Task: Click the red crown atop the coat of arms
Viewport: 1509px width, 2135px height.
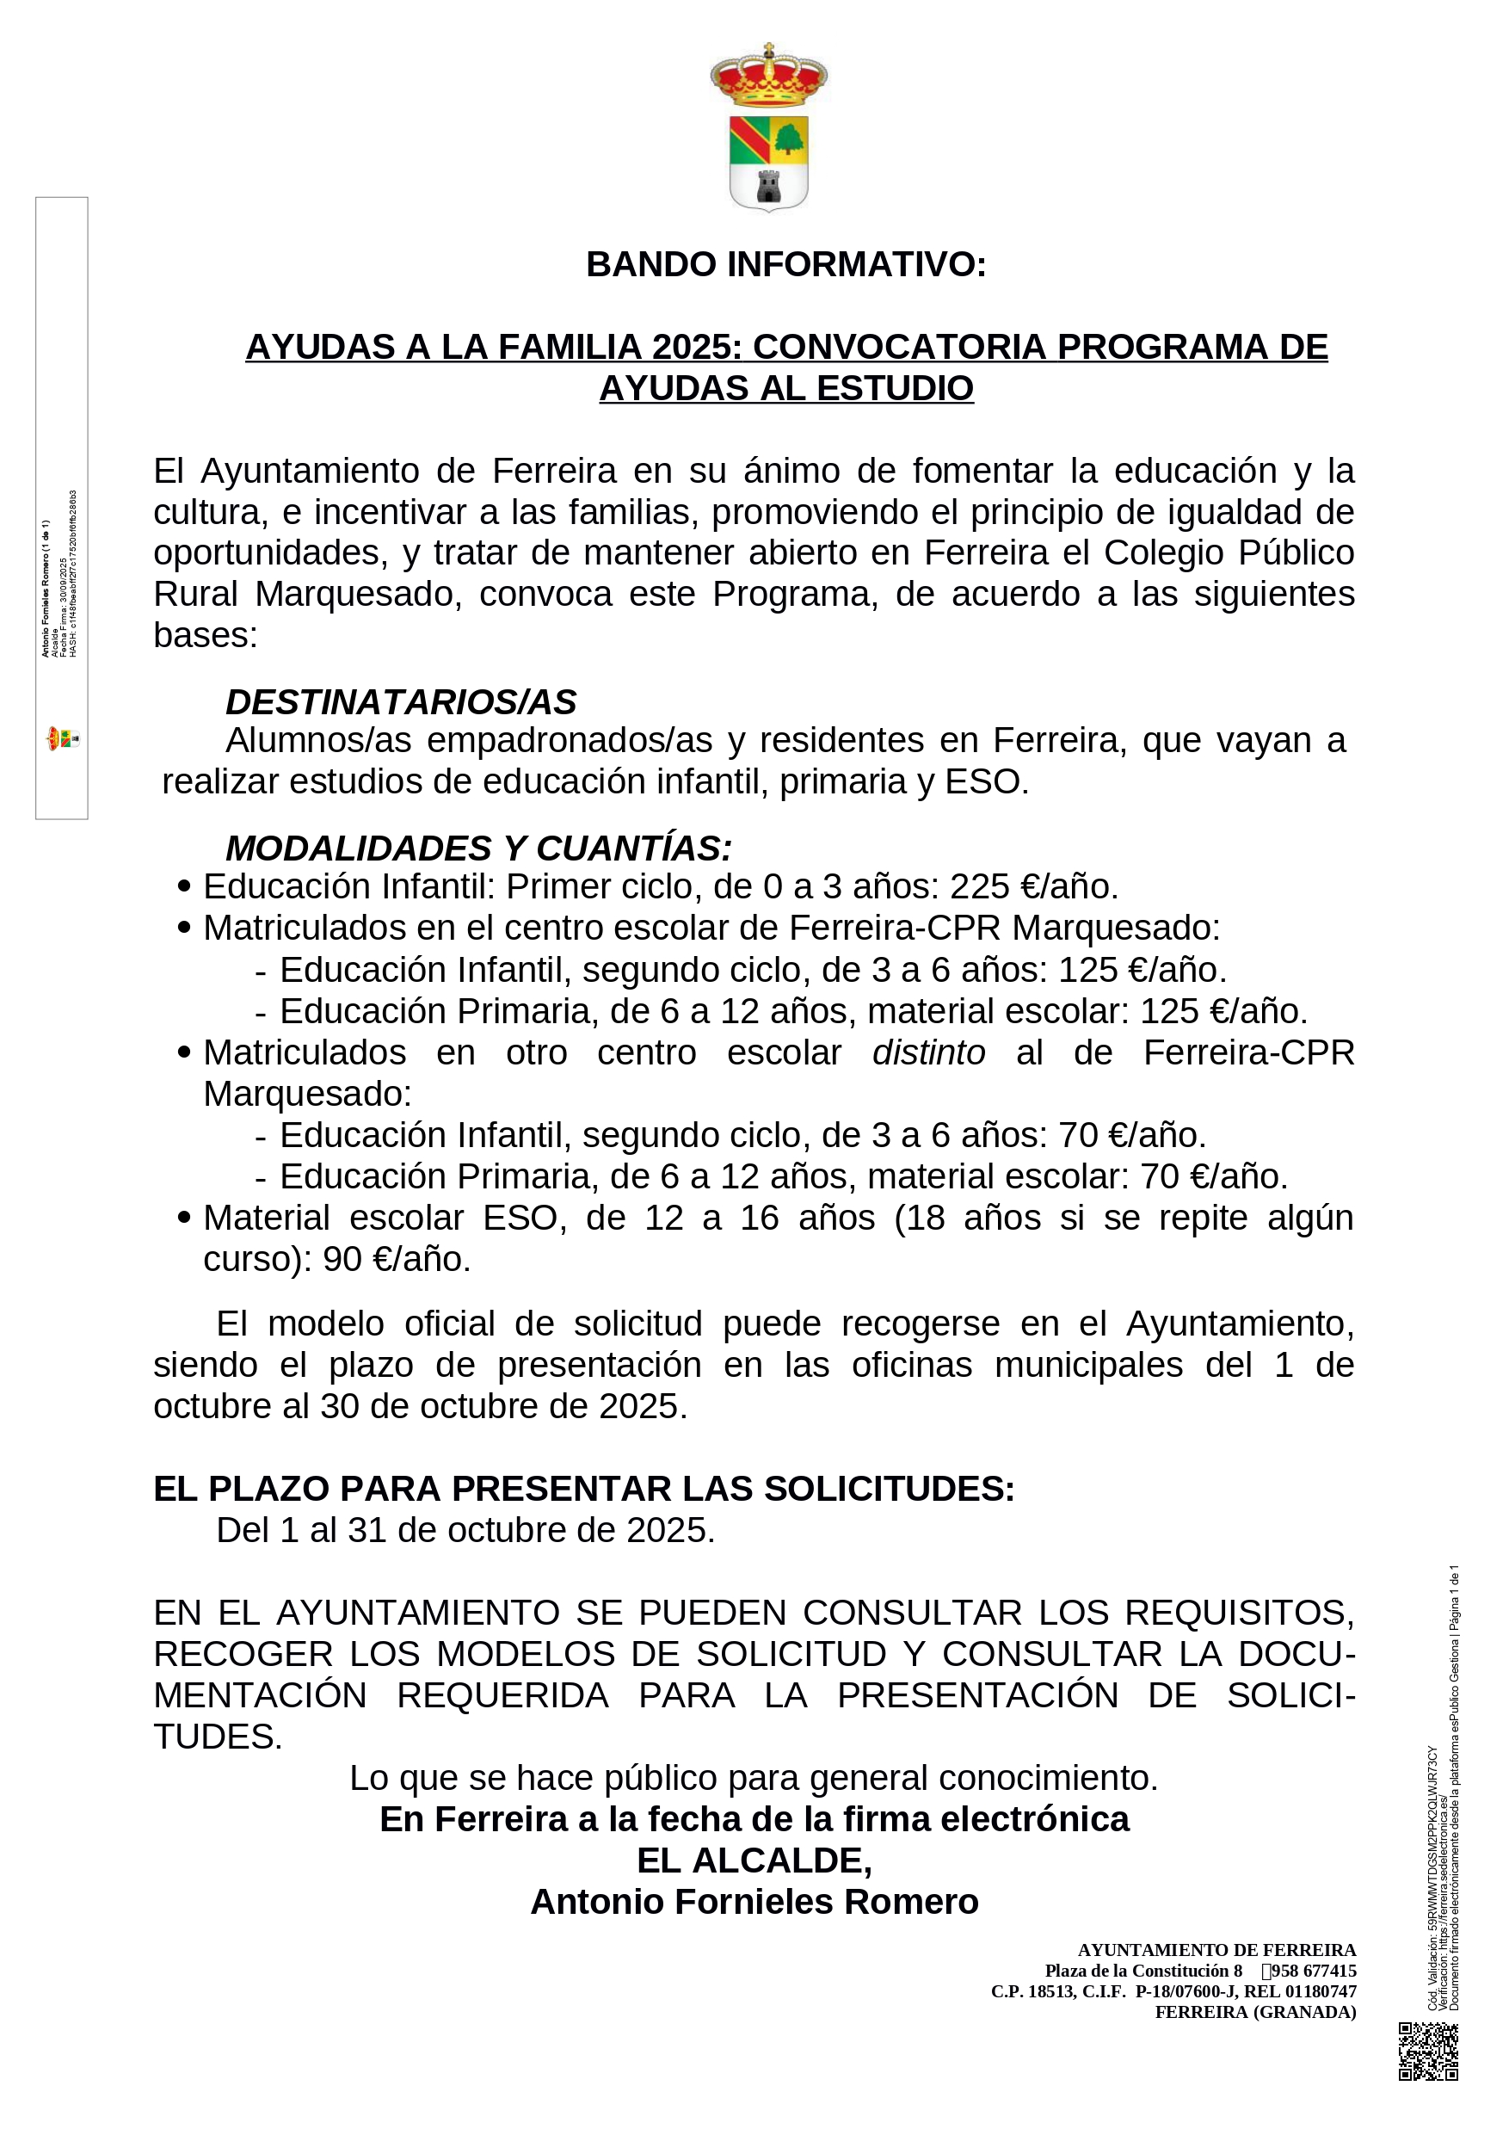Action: (768, 77)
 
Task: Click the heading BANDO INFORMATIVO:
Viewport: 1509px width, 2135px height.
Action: (785, 265)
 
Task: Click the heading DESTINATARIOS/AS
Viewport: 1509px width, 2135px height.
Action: (401, 702)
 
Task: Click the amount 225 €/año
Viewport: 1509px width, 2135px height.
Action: (1033, 887)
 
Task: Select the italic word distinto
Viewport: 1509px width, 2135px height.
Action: (928, 1052)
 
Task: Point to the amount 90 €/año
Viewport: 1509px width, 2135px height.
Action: (397, 1259)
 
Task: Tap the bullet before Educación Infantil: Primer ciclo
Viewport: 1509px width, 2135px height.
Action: (184, 886)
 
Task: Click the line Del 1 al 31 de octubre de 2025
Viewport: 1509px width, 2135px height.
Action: (465, 1531)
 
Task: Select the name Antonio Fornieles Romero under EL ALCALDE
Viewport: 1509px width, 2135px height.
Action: (754, 1902)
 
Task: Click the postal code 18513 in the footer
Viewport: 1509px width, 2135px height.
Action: (1051, 1992)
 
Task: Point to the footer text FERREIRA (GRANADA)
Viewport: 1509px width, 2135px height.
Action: (1255, 2012)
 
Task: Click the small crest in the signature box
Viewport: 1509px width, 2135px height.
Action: (62, 739)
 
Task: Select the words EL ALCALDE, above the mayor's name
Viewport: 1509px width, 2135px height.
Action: (754, 1860)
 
